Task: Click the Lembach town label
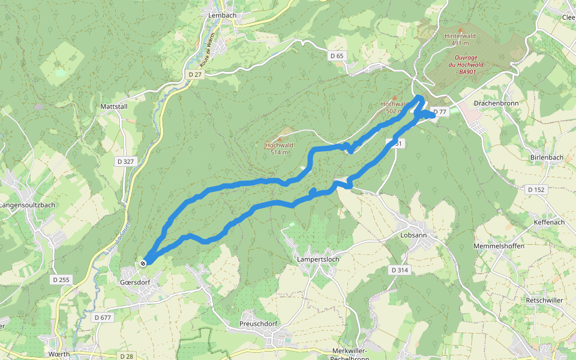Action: click(220, 15)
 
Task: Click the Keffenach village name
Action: click(549, 222)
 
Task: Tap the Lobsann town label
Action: click(413, 235)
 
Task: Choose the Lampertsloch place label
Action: click(318, 259)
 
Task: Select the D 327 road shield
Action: click(125, 161)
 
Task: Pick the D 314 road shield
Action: click(400, 270)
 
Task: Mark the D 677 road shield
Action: click(103, 317)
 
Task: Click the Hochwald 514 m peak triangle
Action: click(279, 139)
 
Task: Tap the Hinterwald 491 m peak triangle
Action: click(460, 29)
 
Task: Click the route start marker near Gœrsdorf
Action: click(143, 263)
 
